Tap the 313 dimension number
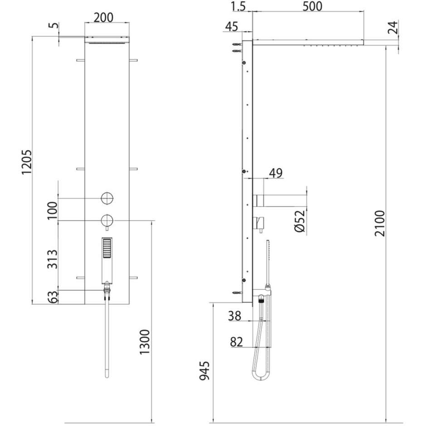(x=53, y=259)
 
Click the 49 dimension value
(x=276, y=173)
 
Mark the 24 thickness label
(x=392, y=28)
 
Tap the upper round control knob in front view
(x=107, y=198)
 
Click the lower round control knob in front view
(x=107, y=220)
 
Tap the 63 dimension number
(x=53, y=297)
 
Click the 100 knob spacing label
(x=53, y=209)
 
